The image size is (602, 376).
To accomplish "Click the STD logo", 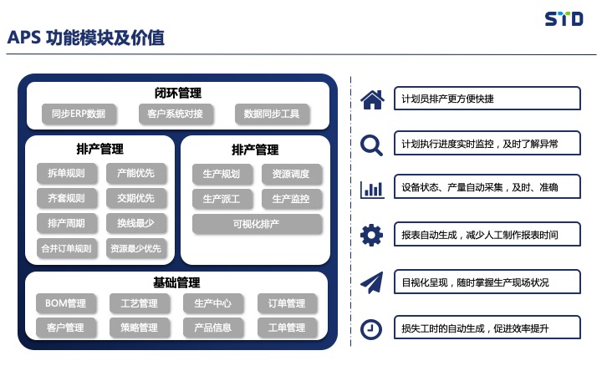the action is tap(564, 18).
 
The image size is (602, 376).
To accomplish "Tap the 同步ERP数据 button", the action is tap(79, 114).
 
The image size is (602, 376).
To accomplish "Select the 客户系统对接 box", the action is tap(175, 114).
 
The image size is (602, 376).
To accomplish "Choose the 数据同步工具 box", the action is tap(272, 114).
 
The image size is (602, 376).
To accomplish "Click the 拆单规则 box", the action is tap(66, 173).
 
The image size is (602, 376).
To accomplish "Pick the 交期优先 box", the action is tap(136, 198).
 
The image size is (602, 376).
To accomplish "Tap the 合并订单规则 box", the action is tap(66, 248).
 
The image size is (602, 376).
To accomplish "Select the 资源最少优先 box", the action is tap(136, 248).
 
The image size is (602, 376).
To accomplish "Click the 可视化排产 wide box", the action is tap(257, 224).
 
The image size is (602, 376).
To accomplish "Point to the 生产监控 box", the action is tap(291, 199).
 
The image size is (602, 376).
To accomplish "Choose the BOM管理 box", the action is tap(66, 303).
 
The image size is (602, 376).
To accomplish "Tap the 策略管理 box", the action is tap(140, 328).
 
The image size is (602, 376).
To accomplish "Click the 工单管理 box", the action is tap(287, 328).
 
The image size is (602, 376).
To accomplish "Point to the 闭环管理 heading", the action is tap(178, 93).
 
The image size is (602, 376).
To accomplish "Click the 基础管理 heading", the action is tap(176, 282).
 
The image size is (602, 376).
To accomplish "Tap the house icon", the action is tap(372, 99).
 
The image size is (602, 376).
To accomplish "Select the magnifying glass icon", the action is tap(371, 145).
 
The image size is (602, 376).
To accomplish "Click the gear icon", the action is tap(371, 235).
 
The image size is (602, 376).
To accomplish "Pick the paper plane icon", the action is tap(371, 282).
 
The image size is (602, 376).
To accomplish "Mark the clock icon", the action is tap(371, 329).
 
